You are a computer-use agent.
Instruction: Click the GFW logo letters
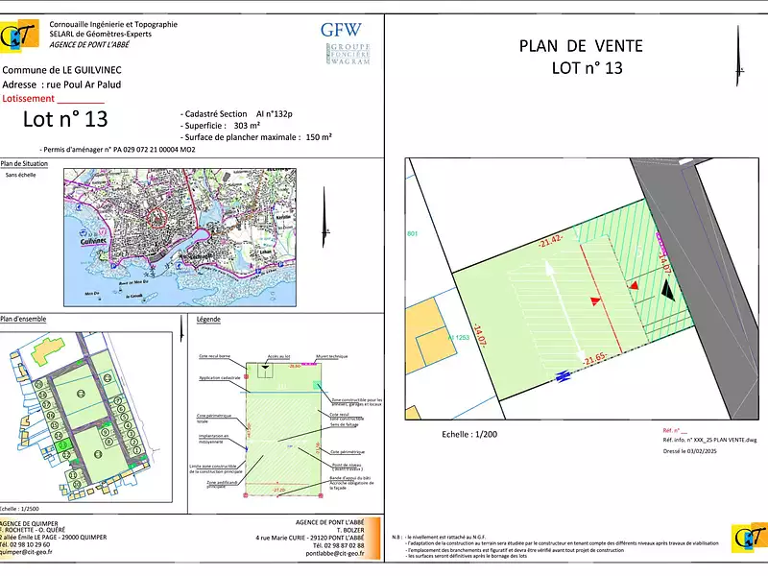click(x=342, y=29)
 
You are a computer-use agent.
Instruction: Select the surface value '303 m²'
click(x=248, y=125)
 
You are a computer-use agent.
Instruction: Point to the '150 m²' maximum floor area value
click(x=318, y=137)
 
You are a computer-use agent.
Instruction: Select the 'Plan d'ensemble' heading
click(x=23, y=319)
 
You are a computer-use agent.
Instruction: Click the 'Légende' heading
click(x=208, y=319)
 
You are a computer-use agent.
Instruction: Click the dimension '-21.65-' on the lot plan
click(x=593, y=360)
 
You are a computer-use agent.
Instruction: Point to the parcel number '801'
click(x=413, y=235)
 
